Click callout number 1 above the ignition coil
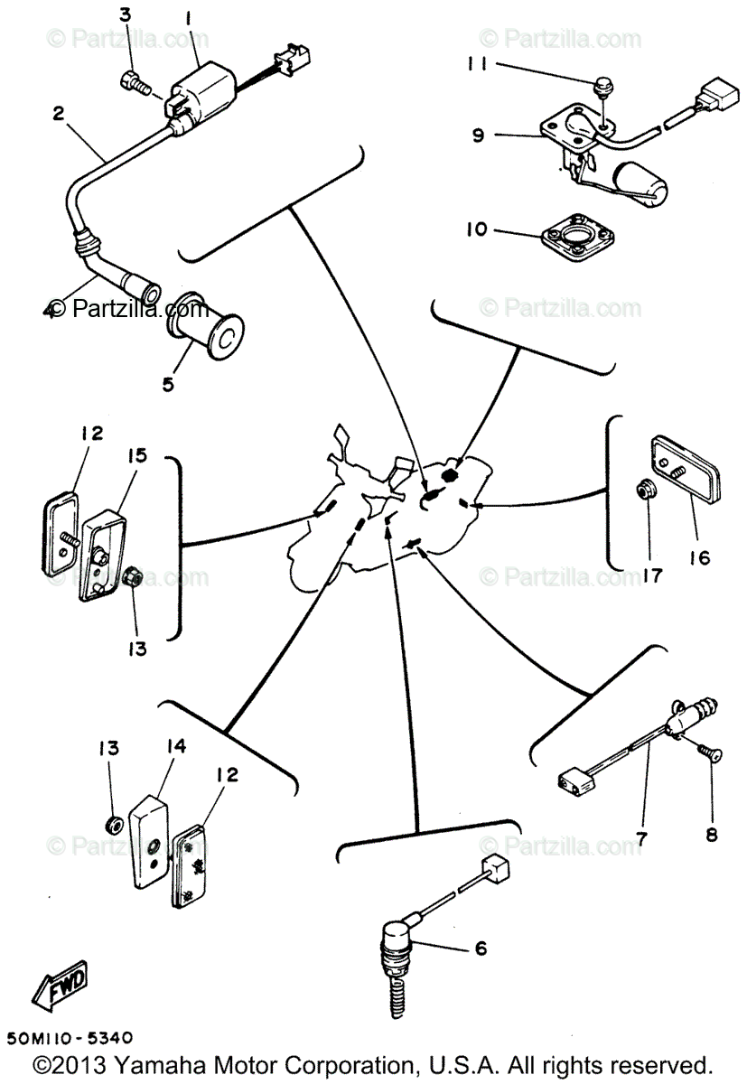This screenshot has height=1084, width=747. point(189,17)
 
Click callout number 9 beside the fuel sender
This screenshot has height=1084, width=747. point(477,135)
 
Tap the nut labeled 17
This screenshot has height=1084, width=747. point(647,491)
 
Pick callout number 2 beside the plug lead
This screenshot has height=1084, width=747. point(58,114)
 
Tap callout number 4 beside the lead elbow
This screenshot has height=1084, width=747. point(50,310)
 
